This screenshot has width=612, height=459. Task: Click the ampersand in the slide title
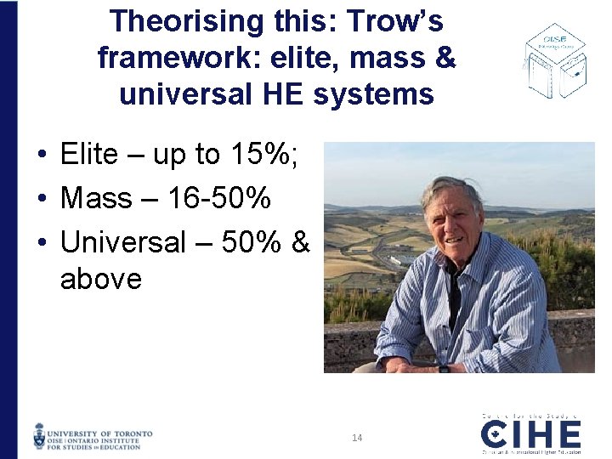(x=446, y=58)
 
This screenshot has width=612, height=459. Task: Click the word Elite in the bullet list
(x=89, y=155)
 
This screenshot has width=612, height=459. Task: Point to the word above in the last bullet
(x=100, y=278)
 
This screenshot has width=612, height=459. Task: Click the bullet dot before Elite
(x=41, y=156)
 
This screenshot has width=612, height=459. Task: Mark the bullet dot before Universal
(x=41, y=243)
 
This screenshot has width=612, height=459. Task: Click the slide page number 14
(x=357, y=438)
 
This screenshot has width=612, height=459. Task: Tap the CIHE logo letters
(x=531, y=436)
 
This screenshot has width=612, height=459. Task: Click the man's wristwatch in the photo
(x=444, y=368)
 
